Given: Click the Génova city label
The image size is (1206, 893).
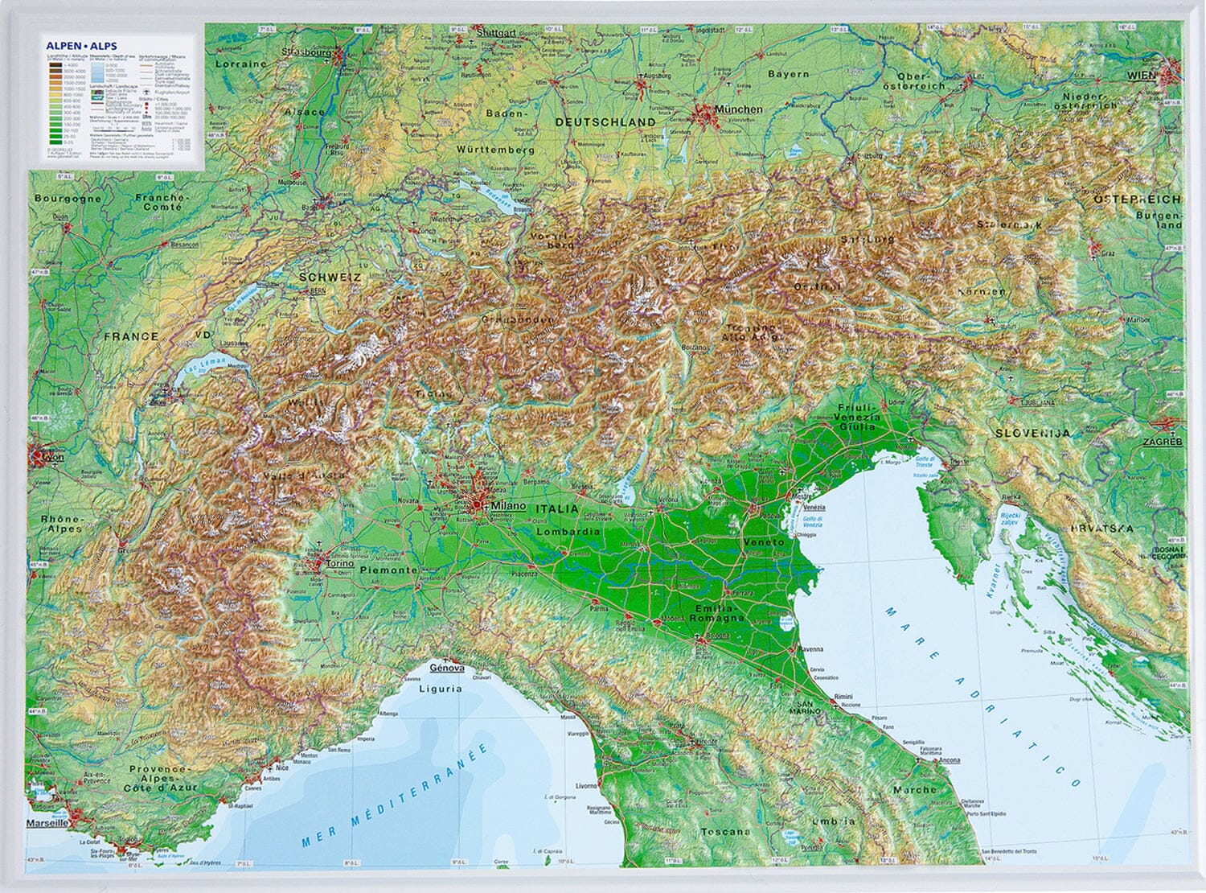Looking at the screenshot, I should (447, 668).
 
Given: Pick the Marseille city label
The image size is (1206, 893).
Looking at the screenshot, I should (47, 824).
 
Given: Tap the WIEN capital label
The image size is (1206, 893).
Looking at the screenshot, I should (1141, 76).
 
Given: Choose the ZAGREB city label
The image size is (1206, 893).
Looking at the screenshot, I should (1164, 442).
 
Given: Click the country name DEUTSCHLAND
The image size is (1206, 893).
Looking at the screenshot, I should (605, 121).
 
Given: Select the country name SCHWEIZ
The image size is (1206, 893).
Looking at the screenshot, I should (330, 277).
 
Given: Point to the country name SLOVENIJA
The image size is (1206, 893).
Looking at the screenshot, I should (1033, 433).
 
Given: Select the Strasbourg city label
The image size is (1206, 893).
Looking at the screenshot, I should (307, 53).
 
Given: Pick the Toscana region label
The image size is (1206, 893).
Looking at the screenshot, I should (725, 832).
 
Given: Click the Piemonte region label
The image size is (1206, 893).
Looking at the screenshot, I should (388, 570).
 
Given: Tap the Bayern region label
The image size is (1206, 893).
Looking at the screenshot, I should (788, 74).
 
